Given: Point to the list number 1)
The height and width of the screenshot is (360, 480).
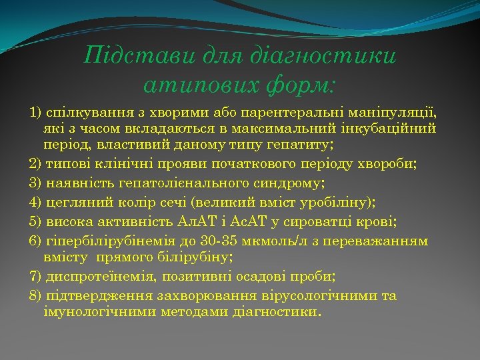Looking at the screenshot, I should [x=35, y=110].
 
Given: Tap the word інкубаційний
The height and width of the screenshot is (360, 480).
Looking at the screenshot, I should [x=391, y=128].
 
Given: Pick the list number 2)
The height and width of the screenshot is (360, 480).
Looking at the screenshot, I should [x=35, y=164].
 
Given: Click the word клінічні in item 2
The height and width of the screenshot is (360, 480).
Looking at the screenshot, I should [x=121, y=164].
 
